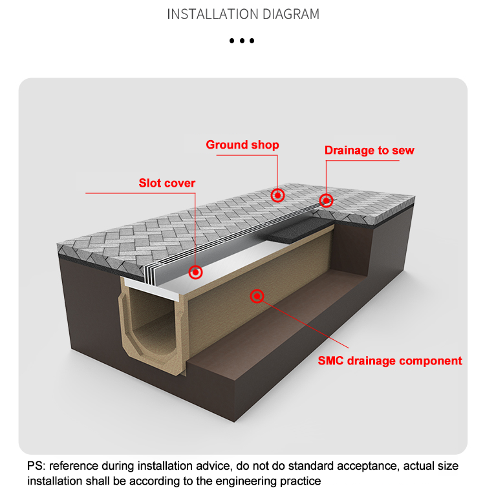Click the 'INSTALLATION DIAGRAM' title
(242, 14)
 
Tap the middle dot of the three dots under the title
(242, 41)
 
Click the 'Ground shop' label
(242, 145)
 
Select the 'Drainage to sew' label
(369, 151)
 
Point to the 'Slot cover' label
(167, 184)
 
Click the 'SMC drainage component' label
(390, 361)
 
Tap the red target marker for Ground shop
(277, 194)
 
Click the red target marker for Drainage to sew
(327, 200)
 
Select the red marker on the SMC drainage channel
(257, 297)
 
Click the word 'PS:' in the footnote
(36, 466)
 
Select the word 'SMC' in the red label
(331, 361)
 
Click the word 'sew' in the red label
(402, 151)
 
